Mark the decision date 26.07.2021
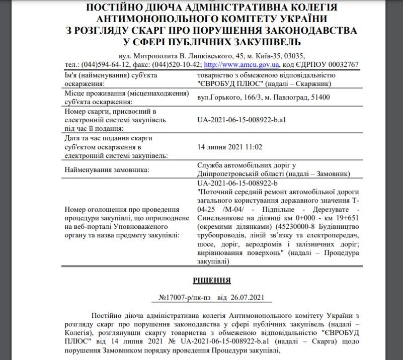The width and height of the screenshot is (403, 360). [247, 297]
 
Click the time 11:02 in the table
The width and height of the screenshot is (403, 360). [254, 147]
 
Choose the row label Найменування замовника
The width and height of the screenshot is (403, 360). [107, 170]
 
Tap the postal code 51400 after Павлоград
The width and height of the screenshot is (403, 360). [320, 97]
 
